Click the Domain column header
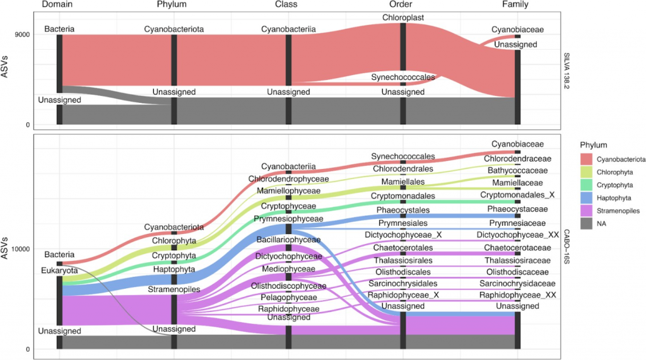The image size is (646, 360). point(59,5)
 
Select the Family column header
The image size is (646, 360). point(515,5)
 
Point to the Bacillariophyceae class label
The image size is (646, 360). point(288,240)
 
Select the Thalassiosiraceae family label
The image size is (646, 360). point(517,260)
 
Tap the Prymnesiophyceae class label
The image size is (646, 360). point(288,219)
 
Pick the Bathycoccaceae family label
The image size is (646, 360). point(517,170)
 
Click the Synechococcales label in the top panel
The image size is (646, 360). point(402,78)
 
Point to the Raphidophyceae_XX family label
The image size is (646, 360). point(517,294)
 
